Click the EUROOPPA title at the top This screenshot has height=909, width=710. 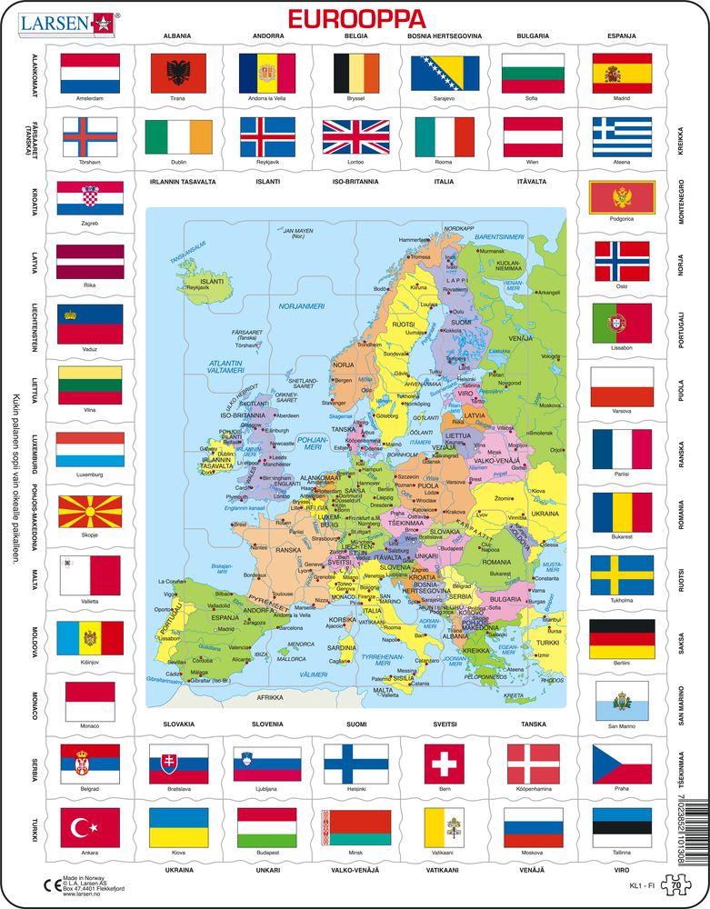point(355,19)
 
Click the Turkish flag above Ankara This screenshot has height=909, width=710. point(89,827)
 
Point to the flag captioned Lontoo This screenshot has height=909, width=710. point(355,137)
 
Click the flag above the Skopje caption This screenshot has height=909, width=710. point(89,514)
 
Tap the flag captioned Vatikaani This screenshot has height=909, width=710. point(444,827)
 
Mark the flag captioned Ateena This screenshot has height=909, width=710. point(622,137)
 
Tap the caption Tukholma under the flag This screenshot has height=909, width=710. point(622,600)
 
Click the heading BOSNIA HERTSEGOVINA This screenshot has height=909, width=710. point(445,36)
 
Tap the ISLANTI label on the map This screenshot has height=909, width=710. point(212,282)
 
